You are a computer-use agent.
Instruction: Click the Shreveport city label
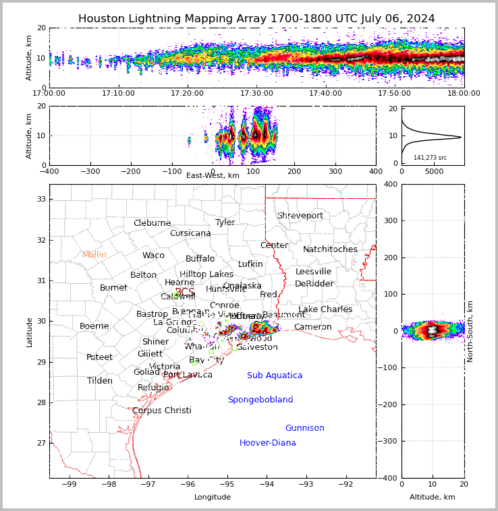300,216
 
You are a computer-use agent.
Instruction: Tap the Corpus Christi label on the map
162,411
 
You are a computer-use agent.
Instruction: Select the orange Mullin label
94,255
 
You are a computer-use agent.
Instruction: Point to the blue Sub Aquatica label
275,375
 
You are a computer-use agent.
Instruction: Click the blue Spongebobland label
260,400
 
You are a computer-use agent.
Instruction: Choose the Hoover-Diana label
268,443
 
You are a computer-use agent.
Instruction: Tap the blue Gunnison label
304,428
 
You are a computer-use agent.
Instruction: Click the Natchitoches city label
330,249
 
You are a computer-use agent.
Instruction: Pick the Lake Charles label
325,309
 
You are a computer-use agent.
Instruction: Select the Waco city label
153,255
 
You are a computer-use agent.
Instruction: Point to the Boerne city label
94,326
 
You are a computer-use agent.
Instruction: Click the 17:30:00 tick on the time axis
256,93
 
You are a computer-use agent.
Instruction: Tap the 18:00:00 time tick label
464,93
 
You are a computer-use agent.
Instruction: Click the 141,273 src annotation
430,158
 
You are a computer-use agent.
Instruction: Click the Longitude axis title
213,497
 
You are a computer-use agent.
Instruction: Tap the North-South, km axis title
470,331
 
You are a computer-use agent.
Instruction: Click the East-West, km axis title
213,175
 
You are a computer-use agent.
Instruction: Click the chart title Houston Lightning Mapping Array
256,19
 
